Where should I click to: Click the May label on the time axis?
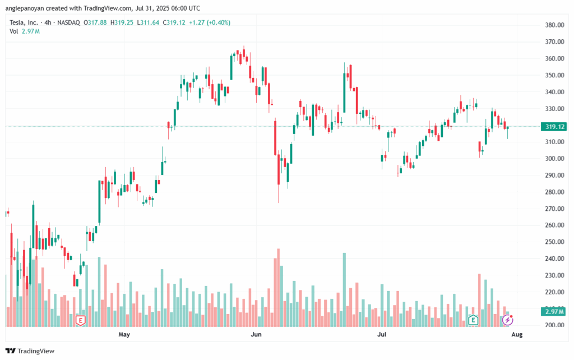(x=124, y=335)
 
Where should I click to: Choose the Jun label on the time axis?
(x=256, y=335)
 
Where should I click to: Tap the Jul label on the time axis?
(x=382, y=335)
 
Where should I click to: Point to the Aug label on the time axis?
(x=517, y=335)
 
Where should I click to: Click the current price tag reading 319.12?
(x=554, y=127)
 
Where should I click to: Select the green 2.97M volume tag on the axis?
(x=554, y=312)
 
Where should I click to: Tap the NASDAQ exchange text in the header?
(x=68, y=22)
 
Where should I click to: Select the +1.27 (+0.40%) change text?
(x=210, y=22)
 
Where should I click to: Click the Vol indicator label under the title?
(x=14, y=31)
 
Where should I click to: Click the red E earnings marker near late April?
(x=80, y=320)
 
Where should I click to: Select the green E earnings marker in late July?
(x=473, y=320)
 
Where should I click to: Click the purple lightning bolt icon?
(x=507, y=320)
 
